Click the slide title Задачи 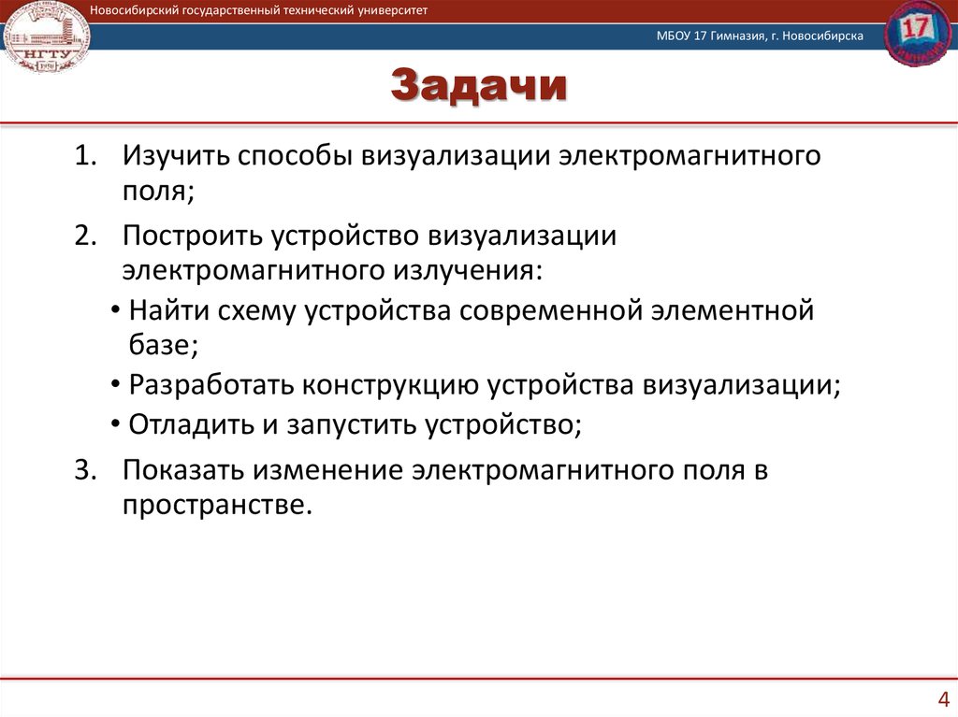[x=478, y=87]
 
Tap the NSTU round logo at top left [x=44, y=38]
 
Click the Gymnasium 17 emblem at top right [x=915, y=33]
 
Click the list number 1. [x=86, y=155]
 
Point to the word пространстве [x=212, y=506]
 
